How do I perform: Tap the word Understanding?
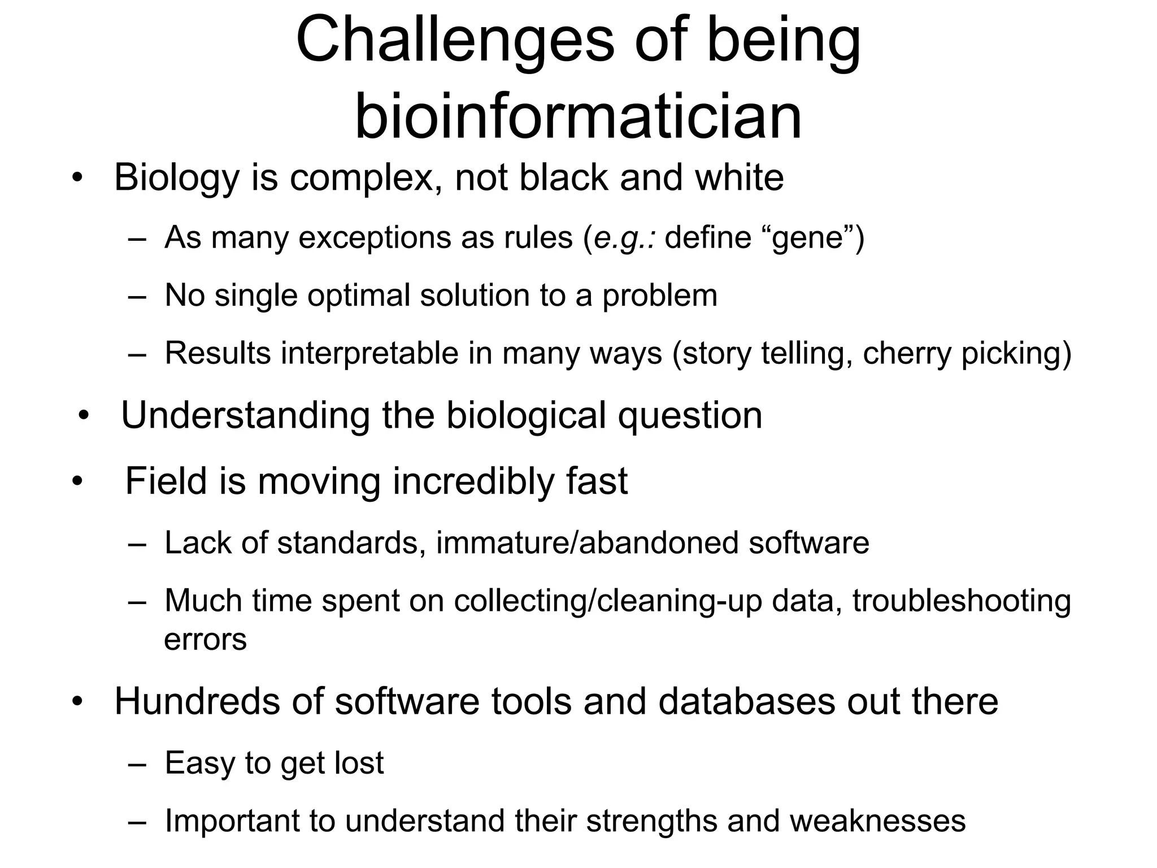click(246, 416)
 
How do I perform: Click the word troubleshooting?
click(962, 601)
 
